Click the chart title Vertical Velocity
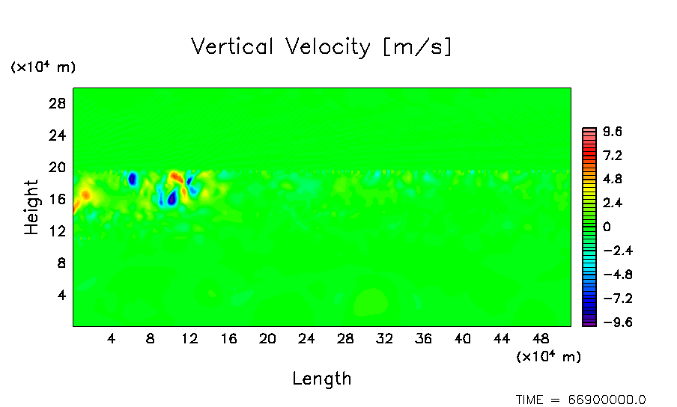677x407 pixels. click(x=322, y=47)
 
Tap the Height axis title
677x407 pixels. click(x=31, y=207)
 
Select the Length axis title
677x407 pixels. click(x=322, y=379)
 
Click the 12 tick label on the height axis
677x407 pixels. click(x=58, y=231)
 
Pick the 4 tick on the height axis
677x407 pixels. click(x=62, y=295)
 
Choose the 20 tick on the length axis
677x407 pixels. click(x=267, y=338)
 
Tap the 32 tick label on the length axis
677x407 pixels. click(x=384, y=338)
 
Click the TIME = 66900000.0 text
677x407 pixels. click(x=581, y=400)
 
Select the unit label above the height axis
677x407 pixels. click(x=43, y=67)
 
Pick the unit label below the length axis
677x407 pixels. click(x=548, y=357)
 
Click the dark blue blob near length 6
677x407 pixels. click(x=133, y=179)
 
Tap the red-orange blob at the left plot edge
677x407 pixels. click(x=85, y=195)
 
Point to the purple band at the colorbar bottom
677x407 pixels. click(x=589, y=322)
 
